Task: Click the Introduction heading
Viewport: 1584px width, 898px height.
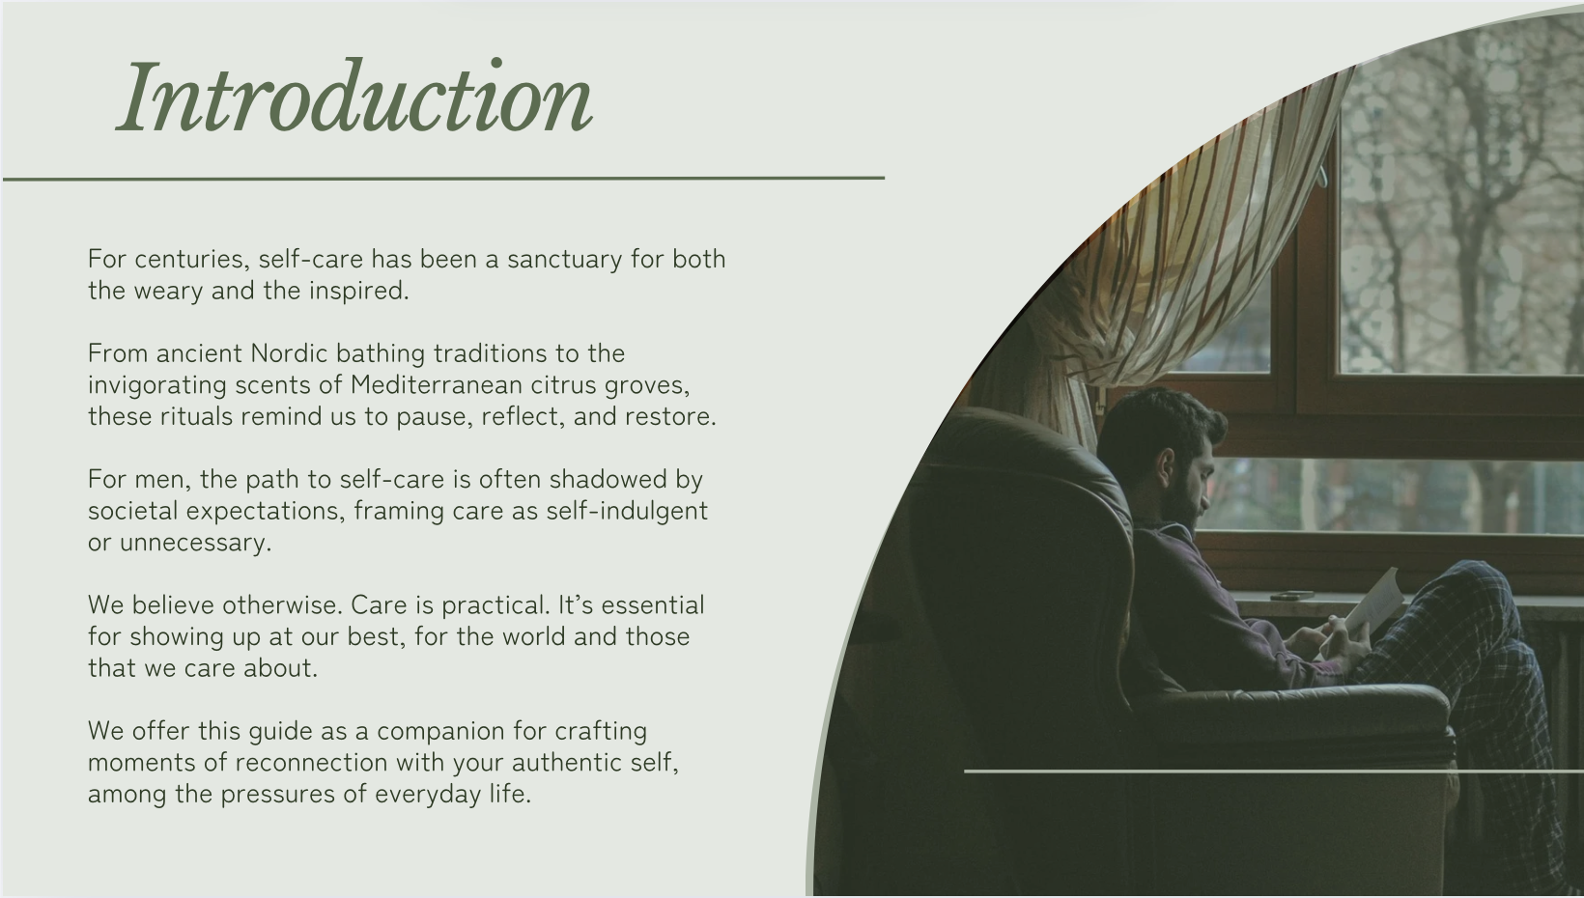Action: pos(354,97)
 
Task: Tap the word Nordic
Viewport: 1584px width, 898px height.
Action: pos(289,352)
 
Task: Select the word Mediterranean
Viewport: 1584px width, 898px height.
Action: pos(437,384)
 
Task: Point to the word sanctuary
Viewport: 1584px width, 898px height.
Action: pos(565,260)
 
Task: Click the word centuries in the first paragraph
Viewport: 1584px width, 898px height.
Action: pos(192,260)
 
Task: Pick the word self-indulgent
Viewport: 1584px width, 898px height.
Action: pos(627,511)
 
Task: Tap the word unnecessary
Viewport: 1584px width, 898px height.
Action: pos(195,543)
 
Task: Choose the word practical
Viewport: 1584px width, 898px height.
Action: pos(495,605)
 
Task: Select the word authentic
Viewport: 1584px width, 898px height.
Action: pos(566,762)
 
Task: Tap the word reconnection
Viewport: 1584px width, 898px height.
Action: pos(312,763)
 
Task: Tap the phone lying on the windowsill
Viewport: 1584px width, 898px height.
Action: pos(1292,596)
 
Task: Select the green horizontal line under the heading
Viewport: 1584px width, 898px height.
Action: pos(443,179)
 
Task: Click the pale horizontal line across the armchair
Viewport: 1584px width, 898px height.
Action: pos(1274,771)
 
